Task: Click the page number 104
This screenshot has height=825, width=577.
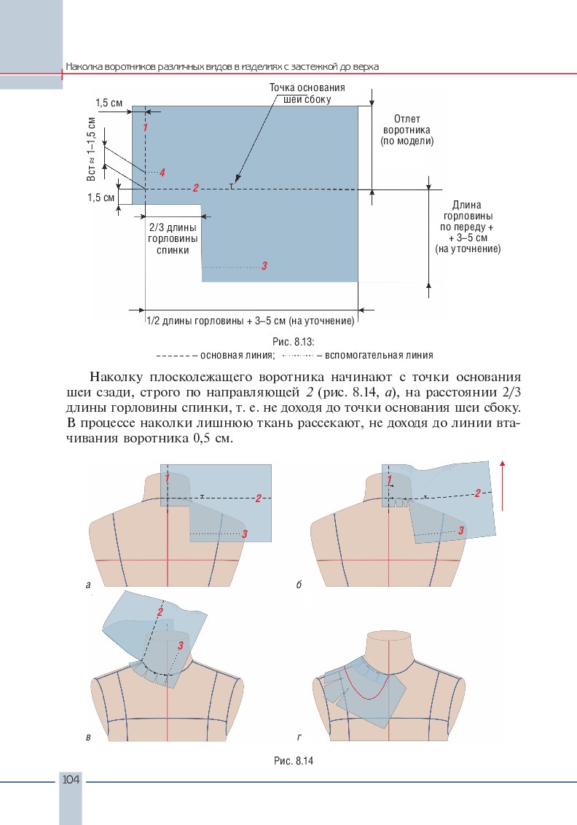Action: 71,780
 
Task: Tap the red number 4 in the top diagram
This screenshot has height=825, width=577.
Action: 162,173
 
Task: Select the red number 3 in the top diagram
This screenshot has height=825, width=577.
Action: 264,266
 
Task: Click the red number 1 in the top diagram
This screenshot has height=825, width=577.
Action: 146,128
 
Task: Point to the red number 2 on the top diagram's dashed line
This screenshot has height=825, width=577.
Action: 196,188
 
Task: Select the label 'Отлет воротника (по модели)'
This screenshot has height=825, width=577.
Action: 407,130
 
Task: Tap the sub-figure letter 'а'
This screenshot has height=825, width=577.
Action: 88,584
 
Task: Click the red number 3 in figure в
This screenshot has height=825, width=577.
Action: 180,646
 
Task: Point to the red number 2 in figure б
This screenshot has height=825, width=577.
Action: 476,493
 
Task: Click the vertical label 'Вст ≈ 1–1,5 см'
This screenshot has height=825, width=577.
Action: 92,149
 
